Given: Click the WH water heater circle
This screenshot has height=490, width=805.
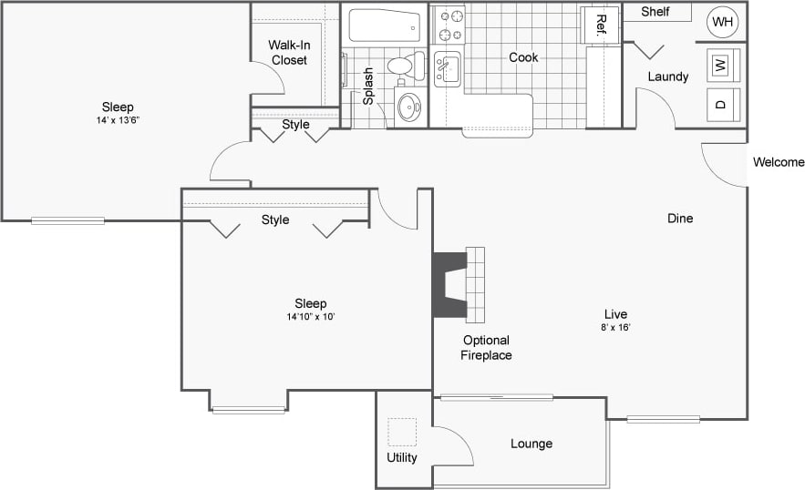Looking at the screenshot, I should (x=723, y=21).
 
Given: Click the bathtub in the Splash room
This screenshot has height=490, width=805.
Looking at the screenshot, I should (x=385, y=25).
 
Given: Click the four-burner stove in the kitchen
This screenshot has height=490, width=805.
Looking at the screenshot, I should (x=448, y=24).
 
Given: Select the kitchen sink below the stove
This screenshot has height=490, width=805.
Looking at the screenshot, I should (x=447, y=68).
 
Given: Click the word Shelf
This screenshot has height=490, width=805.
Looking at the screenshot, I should (x=655, y=12).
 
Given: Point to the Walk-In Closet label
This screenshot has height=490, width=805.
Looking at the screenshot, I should (x=288, y=52).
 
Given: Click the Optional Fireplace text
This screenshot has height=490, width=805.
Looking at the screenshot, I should (x=486, y=348).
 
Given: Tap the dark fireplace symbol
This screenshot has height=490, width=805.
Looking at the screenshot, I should (x=449, y=284).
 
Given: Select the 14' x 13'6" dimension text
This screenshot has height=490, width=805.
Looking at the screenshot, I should (x=118, y=120).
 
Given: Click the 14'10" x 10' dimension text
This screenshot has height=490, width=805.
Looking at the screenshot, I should (x=310, y=317).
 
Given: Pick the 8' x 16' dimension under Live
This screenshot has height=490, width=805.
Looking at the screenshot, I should (x=615, y=327).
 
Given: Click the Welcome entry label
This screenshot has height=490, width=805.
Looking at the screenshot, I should (x=778, y=162).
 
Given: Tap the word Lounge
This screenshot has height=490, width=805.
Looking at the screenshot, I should (x=531, y=444).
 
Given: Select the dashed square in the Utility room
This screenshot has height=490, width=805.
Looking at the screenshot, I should (x=401, y=432).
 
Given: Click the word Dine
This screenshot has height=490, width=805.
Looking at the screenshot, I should (x=680, y=218).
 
